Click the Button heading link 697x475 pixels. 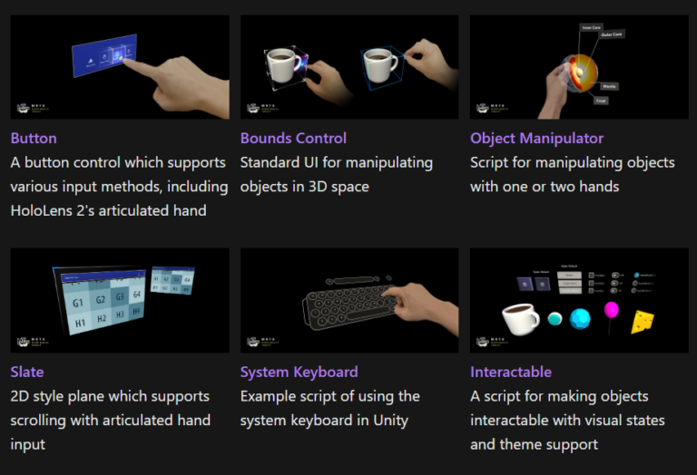[34, 139]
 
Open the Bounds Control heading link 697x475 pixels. [293, 139]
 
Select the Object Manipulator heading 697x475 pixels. [536, 139]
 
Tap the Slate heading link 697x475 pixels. [27, 372]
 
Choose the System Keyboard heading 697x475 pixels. [299, 372]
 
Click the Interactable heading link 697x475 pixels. [511, 372]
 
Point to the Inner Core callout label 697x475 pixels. [592, 27]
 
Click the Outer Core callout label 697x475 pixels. [611, 35]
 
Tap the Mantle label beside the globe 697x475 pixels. [611, 86]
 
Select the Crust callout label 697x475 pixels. [600, 101]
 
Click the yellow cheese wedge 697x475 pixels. [644, 320]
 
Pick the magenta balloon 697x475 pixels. [612, 312]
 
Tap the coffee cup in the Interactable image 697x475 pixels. [521, 320]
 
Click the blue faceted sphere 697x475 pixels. [580, 319]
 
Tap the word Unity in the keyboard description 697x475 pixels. [388, 420]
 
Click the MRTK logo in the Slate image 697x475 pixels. [27, 342]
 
